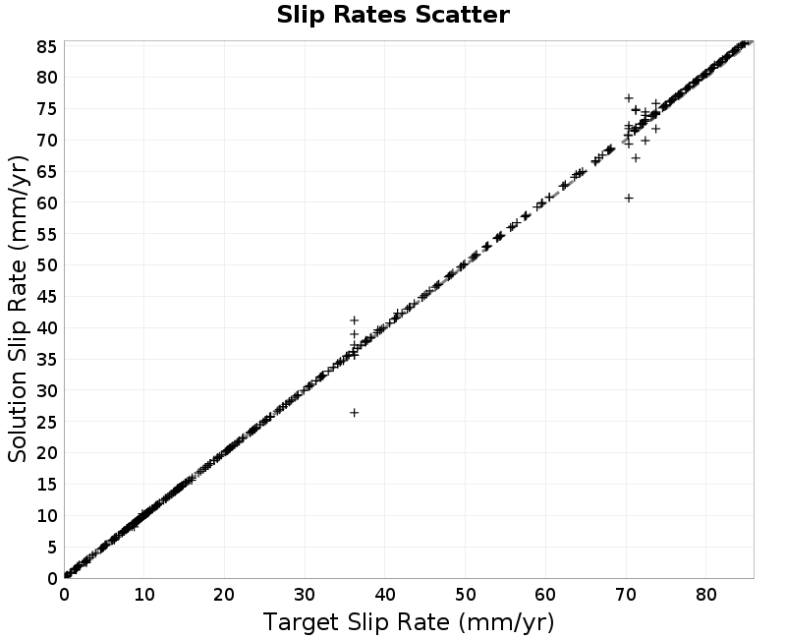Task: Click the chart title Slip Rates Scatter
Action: (393, 15)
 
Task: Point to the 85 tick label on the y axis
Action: (47, 46)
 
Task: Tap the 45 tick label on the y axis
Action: (47, 297)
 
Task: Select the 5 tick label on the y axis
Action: (53, 548)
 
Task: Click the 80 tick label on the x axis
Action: (705, 595)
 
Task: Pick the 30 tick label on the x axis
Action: (305, 595)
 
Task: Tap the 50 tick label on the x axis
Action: (465, 595)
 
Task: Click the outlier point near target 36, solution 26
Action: (354, 413)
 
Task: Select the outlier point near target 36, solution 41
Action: (354, 320)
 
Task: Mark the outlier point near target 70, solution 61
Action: (629, 199)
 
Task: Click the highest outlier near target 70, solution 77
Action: (629, 97)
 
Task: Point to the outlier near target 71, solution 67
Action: (636, 158)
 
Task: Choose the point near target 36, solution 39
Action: (354, 334)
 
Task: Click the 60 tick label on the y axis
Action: (47, 203)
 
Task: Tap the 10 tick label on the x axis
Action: (143, 595)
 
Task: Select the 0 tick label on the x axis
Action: (64, 595)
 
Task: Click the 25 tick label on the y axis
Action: (47, 422)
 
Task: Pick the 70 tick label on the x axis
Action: (626, 595)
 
